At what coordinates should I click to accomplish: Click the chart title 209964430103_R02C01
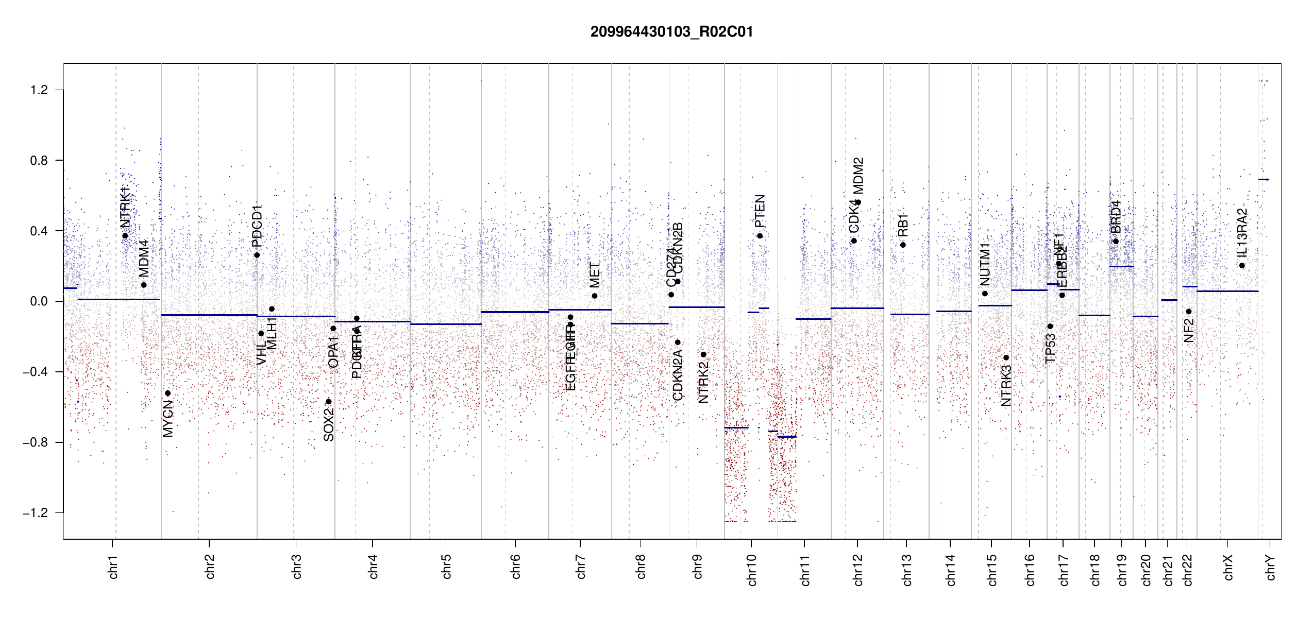671,32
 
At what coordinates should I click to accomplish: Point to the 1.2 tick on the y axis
39,90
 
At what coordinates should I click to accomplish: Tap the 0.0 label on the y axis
39,301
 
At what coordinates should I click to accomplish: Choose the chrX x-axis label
1228,568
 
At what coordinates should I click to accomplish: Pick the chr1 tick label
113,567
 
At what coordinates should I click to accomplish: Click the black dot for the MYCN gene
167,393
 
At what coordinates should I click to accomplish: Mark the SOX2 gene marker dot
329,402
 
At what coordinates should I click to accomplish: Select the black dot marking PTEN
760,236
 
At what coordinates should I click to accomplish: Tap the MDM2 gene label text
858,176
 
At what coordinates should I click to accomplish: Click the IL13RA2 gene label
1242,233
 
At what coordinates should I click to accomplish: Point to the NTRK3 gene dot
1006,358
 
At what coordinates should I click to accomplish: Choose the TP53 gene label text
1050,348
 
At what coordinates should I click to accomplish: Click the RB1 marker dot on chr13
903,245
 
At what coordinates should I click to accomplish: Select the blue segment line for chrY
1264,180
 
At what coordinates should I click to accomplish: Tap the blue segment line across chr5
446,324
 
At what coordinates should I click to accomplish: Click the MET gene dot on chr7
595,296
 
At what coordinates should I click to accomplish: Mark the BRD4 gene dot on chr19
1116,242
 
